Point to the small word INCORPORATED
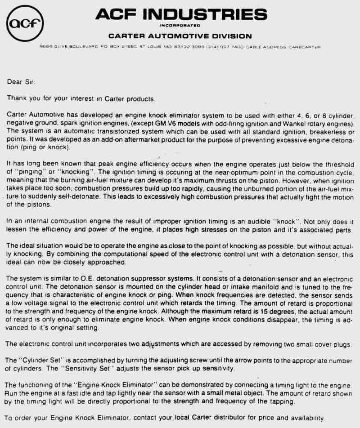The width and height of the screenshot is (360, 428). click(180, 26)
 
